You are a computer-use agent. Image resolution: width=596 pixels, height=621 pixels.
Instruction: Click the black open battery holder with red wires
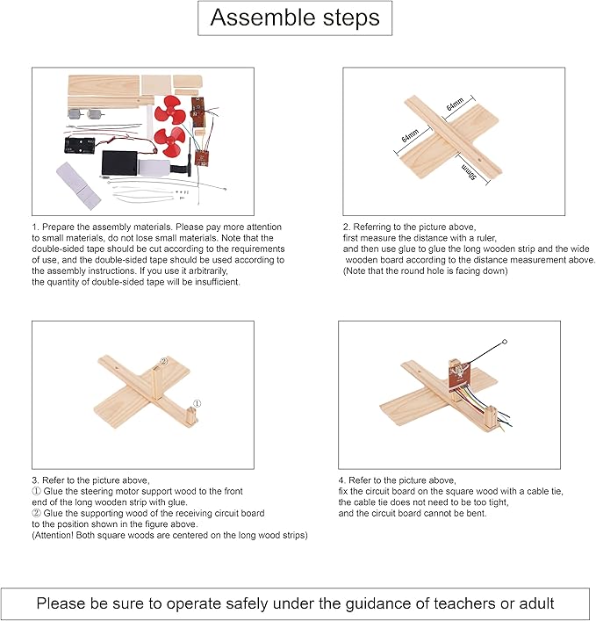point(80,140)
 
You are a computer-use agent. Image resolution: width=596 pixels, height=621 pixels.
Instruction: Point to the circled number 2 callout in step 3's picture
point(163,361)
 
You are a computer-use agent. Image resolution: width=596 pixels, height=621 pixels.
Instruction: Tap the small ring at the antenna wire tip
point(505,340)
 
